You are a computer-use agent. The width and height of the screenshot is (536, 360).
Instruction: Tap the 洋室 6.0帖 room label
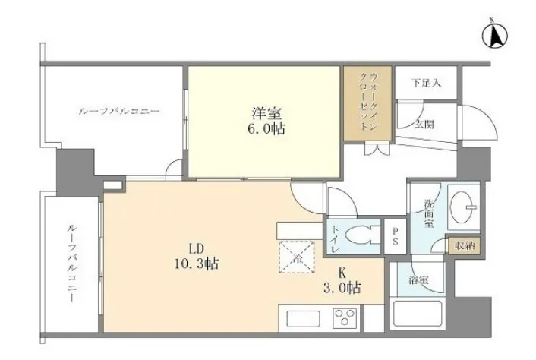tap(266, 121)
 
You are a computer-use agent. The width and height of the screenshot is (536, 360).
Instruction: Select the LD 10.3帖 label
tap(197, 257)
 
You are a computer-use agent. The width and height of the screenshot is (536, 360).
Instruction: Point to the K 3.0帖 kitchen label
tap(342, 281)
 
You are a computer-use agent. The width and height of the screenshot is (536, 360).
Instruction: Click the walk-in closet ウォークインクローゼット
tap(367, 103)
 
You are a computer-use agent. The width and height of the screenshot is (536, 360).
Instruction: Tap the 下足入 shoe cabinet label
tap(426, 83)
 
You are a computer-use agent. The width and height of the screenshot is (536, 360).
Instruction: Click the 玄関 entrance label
tap(425, 125)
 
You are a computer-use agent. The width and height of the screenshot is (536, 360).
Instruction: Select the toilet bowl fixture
tap(362, 235)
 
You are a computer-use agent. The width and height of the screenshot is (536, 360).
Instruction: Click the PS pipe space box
tap(395, 236)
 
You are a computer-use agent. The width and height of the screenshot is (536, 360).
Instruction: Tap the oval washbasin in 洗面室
tap(463, 207)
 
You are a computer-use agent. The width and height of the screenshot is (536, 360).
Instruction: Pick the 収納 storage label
tap(465, 245)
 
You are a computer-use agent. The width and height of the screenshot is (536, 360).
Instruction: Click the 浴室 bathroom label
tap(418, 280)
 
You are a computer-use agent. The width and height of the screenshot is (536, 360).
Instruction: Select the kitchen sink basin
tap(303, 319)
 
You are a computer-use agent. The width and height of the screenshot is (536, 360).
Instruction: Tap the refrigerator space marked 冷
tap(297, 257)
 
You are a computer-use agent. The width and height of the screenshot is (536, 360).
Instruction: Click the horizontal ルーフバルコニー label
tap(119, 112)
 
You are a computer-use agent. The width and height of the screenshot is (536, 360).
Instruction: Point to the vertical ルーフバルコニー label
tap(72, 263)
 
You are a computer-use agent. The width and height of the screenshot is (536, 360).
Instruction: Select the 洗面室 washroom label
tap(429, 213)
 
